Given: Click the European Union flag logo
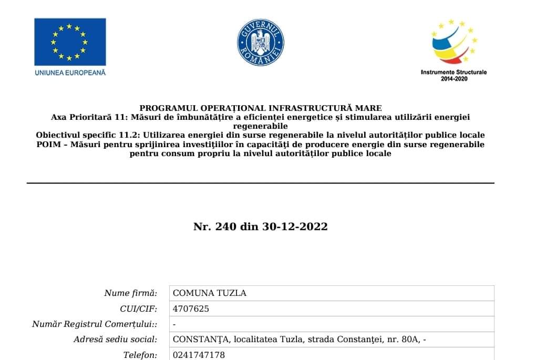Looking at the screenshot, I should pyautogui.click(x=70, y=42).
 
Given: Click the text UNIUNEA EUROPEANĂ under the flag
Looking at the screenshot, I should pyautogui.click(x=70, y=73).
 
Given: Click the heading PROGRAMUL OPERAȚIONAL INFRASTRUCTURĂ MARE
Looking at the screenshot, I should pyautogui.click(x=261, y=108).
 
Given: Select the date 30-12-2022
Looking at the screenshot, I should pyautogui.click(x=295, y=227).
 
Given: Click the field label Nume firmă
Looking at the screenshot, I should pyautogui.click(x=131, y=293).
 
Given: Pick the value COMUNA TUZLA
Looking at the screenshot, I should pyautogui.click(x=210, y=293).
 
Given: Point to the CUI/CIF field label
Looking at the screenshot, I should pyautogui.click(x=139, y=308).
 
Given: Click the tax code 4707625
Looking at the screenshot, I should pyautogui.click(x=191, y=308).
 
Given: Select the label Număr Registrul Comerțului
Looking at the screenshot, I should pyautogui.click(x=95, y=324).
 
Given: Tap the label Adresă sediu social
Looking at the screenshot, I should pyautogui.click(x=116, y=340).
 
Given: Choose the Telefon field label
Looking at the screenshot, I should pyautogui.click(x=140, y=355).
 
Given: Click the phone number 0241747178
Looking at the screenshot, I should pyautogui.click(x=199, y=355).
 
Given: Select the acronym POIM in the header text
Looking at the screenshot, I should pyautogui.click(x=48, y=144).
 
